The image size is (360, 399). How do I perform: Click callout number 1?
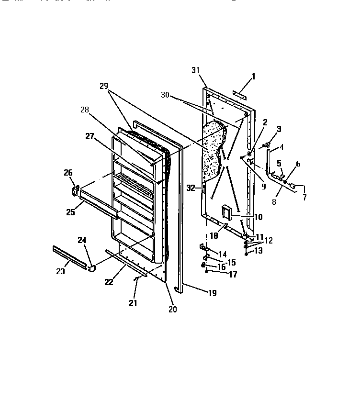pos(253,76)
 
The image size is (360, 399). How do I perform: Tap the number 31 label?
pos(195,71)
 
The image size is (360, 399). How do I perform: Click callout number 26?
pos(67,173)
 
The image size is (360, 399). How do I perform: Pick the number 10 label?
pos(259,217)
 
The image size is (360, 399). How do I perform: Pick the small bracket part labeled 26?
pos(75,190)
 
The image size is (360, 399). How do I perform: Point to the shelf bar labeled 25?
pos(98,201)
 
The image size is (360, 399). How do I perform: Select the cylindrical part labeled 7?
pos(293,186)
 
